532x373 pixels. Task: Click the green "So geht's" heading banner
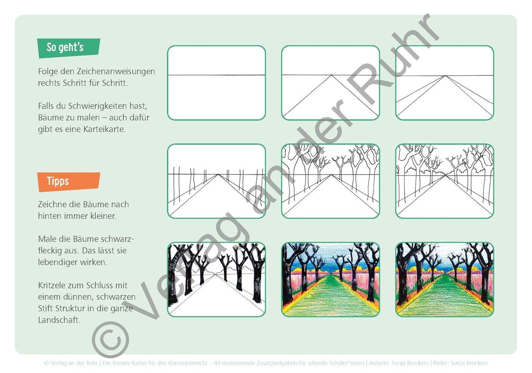(x=68, y=48)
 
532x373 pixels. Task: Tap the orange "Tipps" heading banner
(x=68, y=182)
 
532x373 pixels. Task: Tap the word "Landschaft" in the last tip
(x=59, y=320)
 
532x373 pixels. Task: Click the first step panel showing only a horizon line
(x=216, y=83)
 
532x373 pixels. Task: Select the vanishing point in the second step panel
(x=331, y=75)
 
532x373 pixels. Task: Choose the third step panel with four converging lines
(x=445, y=83)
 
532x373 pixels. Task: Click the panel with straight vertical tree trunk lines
(x=216, y=181)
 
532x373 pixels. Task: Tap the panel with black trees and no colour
(x=216, y=279)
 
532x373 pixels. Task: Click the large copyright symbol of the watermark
(x=111, y=340)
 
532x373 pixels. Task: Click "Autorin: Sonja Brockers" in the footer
(x=399, y=363)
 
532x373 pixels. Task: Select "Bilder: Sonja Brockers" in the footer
(x=461, y=363)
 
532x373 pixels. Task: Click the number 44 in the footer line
(x=217, y=363)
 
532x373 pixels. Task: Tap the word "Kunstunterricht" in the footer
(x=188, y=363)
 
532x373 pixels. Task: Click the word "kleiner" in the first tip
(x=103, y=216)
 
